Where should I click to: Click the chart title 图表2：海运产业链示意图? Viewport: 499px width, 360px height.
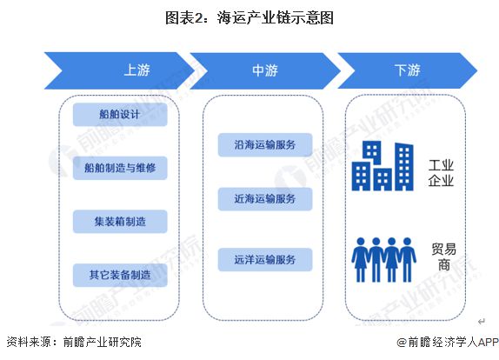[249, 17]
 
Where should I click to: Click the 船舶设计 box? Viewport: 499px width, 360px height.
[120, 114]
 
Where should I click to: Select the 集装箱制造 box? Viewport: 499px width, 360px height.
[120, 221]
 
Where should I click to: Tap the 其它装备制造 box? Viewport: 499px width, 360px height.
[120, 274]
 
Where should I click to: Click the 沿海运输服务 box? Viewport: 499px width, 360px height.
[265, 143]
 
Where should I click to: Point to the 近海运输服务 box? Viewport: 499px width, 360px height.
[265, 198]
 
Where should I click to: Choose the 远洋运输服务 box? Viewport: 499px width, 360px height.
[265, 258]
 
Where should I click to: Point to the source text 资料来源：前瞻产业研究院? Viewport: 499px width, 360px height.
[73, 343]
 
